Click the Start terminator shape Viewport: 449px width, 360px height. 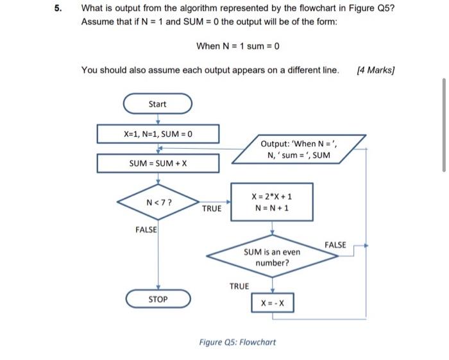157,104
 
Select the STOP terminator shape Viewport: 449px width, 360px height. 158,299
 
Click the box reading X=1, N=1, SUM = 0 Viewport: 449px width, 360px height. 158,134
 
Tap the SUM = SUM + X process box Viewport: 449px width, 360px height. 158,164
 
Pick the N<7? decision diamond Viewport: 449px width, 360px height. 158,202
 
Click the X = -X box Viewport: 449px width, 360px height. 273,302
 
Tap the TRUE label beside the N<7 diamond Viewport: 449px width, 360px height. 212,209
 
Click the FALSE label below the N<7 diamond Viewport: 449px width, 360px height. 146,230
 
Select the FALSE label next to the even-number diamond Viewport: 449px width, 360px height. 335,245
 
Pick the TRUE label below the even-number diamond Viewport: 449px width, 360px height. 239,286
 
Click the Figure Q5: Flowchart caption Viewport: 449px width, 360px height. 237,342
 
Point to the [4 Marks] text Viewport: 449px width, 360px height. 375,70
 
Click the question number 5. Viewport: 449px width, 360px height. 58,9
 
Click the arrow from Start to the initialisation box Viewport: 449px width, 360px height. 158,119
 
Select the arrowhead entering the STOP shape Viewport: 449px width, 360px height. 158,289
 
